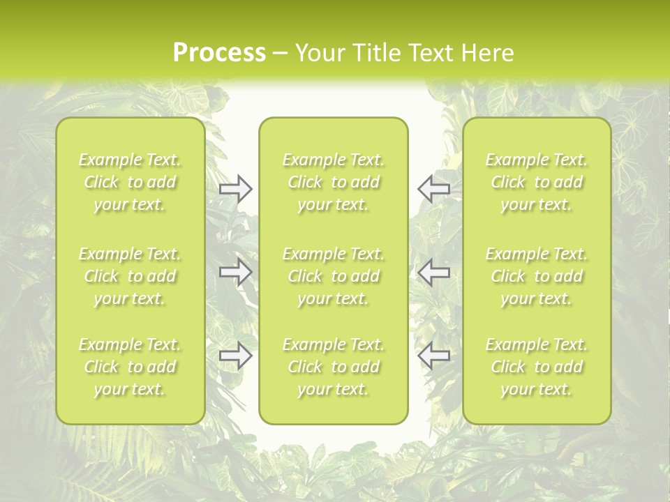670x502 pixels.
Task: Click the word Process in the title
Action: [x=219, y=53]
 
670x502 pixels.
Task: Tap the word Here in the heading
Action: [x=488, y=53]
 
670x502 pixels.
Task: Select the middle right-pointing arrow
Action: [x=236, y=272]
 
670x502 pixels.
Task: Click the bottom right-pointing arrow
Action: [x=236, y=356]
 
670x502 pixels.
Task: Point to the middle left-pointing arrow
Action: [x=434, y=272]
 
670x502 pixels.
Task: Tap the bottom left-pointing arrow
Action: [x=434, y=356]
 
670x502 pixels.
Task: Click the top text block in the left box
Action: [x=130, y=182]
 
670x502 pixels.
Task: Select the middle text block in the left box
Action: [x=130, y=276]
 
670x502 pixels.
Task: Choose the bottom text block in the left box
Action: [x=130, y=367]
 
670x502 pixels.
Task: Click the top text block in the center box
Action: [x=334, y=182]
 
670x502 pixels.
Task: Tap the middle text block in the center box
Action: [x=334, y=276]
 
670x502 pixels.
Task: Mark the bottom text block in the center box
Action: [x=334, y=367]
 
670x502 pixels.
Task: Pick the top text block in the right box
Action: [x=537, y=182]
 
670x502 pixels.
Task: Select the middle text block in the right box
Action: [x=537, y=276]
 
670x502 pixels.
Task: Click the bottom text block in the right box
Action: [x=537, y=367]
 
